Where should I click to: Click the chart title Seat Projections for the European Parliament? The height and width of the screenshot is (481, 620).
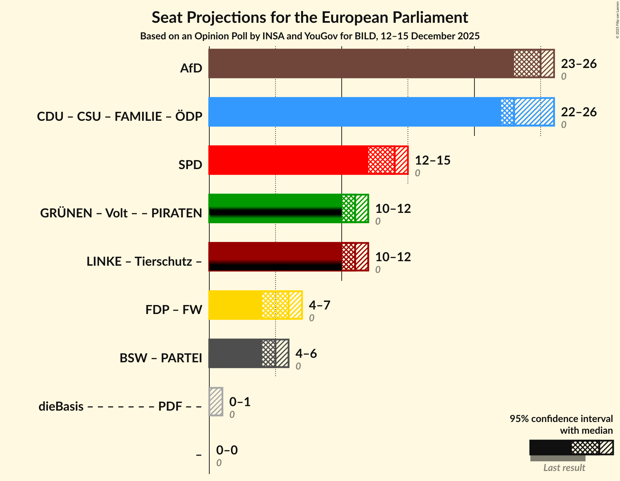[310, 17]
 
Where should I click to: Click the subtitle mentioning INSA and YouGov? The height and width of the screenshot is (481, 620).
[310, 36]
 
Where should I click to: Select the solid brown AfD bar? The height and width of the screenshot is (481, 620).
[361, 63]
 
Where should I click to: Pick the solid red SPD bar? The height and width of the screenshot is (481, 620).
[288, 160]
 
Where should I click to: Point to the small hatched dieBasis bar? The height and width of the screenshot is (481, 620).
[216, 402]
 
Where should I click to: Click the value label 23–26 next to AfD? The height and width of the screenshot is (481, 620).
[579, 64]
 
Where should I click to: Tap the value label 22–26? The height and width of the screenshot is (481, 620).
[579, 112]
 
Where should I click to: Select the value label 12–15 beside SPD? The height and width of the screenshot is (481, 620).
[432, 160]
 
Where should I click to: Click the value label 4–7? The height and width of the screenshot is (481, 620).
[319, 305]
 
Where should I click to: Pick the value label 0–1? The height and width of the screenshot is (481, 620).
[240, 402]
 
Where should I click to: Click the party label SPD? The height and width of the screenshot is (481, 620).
[190, 165]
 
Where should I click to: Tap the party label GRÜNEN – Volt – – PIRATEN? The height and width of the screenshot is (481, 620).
[121, 213]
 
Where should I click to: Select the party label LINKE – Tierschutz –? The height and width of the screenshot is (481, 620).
[144, 262]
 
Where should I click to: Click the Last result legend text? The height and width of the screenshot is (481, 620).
[564, 468]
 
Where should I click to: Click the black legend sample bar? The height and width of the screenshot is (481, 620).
[550, 448]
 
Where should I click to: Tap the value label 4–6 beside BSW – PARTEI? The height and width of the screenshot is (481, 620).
[306, 354]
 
